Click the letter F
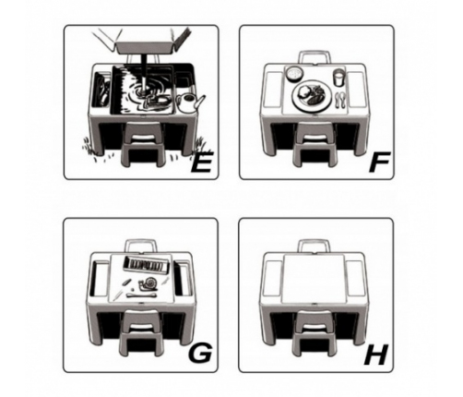pyautogui.click(x=379, y=162)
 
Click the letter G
pyautogui.click(x=200, y=353)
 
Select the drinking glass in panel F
pyautogui.click(x=338, y=78)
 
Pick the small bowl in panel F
pyautogui.click(x=295, y=74)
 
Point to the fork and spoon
pyautogui.click(x=340, y=100)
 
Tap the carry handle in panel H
pyautogui.click(x=315, y=242)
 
